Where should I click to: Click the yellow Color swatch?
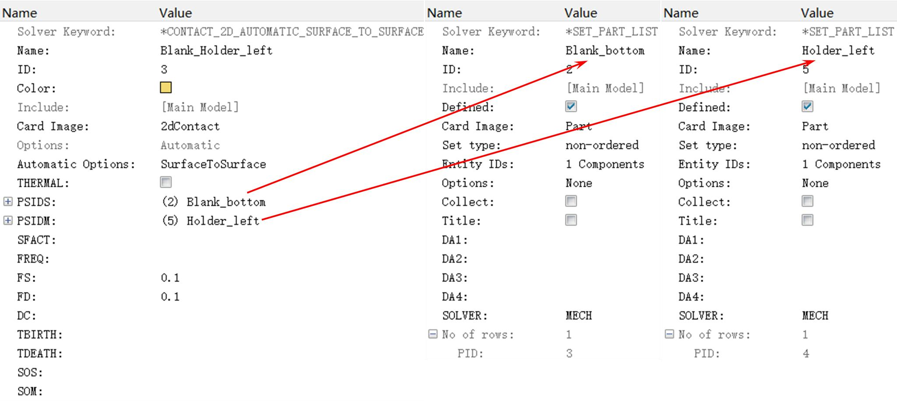166,88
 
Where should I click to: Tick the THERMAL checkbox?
166,182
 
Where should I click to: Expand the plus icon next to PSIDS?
8,201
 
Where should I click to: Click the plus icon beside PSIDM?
8,220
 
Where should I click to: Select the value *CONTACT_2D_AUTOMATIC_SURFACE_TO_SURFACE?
292,32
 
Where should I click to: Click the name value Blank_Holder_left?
216,50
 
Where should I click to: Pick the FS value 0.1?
170,278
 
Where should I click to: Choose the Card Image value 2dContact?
190,126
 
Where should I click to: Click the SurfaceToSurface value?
213,164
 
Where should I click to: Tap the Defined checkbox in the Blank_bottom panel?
571,107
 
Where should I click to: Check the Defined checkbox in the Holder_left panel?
807,107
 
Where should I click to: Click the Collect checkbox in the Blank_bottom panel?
571,201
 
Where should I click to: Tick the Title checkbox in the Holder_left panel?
807,220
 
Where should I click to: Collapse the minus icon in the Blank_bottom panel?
433,334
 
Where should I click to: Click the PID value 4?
806,353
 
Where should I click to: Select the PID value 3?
569,353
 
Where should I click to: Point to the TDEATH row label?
40,353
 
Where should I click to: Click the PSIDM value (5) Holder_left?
211,221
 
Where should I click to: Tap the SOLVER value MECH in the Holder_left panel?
815,316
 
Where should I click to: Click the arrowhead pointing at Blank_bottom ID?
582,64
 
